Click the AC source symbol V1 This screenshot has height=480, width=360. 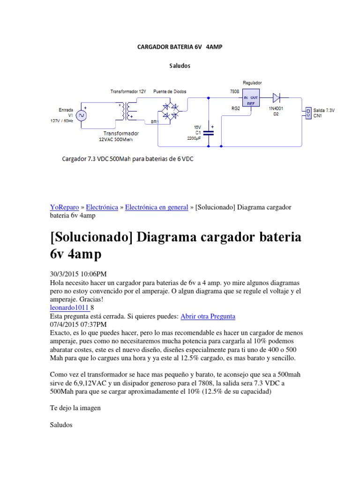click(x=80, y=115)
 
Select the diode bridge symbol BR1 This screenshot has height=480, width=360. click(x=170, y=111)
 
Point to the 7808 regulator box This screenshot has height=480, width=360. click(x=250, y=98)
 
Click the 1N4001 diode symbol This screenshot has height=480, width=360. click(x=277, y=98)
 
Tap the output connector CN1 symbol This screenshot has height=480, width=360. click(x=308, y=112)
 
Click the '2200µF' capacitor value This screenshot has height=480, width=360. click(x=194, y=139)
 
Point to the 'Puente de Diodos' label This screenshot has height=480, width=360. click(x=169, y=91)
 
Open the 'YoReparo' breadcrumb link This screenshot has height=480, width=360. click(x=64, y=207)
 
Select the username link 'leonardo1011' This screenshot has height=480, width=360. click(x=69, y=307)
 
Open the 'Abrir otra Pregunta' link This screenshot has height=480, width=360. click(x=208, y=316)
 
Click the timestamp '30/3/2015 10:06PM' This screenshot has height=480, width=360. click(x=81, y=274)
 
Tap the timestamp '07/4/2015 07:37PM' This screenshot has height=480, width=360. click(x=78, y=324)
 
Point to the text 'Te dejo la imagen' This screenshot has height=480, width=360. click(x=75, y=408)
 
